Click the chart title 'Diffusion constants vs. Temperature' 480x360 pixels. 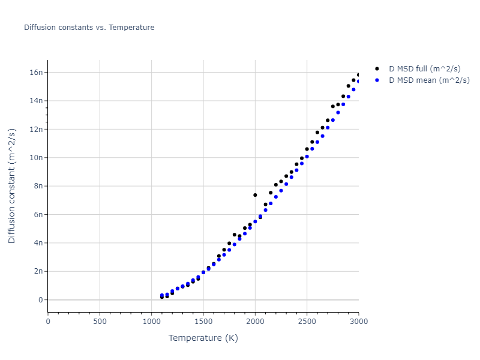click(89, 28)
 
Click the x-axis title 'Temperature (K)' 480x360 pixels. click(203, 338)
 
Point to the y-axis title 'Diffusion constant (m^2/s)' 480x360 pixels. click(12, 185)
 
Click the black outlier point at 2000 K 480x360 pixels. click(255, 195)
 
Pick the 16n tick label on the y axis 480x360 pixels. click(37, 73)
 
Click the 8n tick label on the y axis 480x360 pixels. click(38, 186)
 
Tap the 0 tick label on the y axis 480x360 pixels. click(41, 300)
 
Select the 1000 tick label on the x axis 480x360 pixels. click(151, 322)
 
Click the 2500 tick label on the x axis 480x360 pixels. click(307, 322)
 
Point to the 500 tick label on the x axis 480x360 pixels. click(100, 322)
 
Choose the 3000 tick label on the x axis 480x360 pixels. click(358, 322)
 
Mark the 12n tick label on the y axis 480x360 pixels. click(37, 129)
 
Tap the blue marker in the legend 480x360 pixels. click(377, 80)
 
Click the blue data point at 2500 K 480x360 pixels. click(307, 157)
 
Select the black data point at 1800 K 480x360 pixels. click(234, 235)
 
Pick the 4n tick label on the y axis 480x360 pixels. click(38, 243)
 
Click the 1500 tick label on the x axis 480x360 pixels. click(203, 322)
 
